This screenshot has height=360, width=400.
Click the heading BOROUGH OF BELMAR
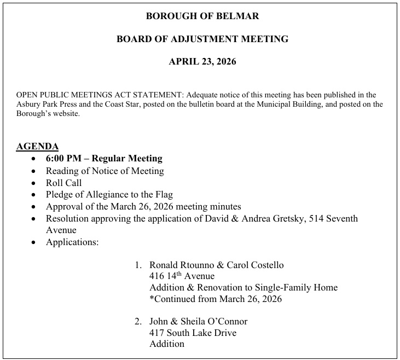(x=202, y=16)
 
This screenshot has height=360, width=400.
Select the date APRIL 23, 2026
(x=202, y=62)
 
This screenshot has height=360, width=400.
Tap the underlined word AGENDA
(x=37, y=147)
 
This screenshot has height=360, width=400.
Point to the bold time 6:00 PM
(x=63, y=159)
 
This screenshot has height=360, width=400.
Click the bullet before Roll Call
(x=34, y=183)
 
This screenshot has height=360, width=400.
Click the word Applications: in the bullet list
(x=72, y=242)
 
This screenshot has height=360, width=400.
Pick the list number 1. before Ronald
(x=138, y=265)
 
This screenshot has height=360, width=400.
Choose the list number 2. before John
(x=138, y=322)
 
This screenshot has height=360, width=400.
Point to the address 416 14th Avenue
(x=182, y=276)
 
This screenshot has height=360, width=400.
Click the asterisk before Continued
(x=152, y=298)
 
